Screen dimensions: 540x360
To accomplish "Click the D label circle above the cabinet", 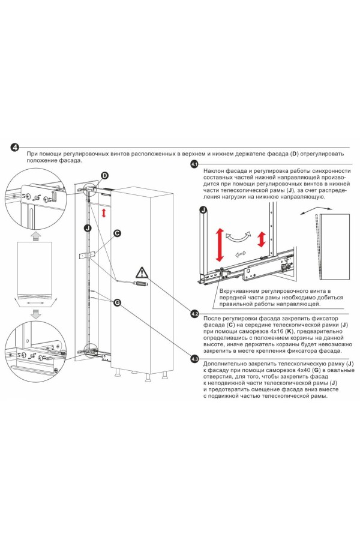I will (104, 175).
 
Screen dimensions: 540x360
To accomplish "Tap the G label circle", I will (117, 303).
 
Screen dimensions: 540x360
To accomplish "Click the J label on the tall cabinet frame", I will (88, 227).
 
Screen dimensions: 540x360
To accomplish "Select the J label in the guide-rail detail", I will (204, 210).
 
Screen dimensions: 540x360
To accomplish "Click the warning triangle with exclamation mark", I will (140, 272).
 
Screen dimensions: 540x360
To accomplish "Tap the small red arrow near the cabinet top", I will (104, 213).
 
